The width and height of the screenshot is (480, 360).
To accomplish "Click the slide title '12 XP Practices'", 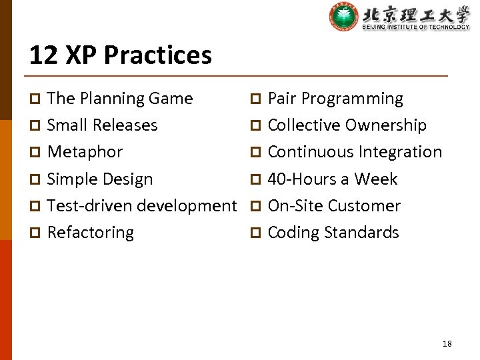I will coord(120,55).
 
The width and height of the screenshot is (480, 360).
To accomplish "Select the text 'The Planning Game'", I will coord(120,99).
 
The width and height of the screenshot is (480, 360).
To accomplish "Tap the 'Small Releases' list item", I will coord(102,125).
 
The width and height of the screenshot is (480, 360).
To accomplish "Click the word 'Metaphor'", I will coord(85,152).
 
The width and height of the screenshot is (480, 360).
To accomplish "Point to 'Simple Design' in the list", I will coord(100,179).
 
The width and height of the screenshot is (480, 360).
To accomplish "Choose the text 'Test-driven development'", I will coord(142,206).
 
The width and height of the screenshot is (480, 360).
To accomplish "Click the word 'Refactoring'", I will coord(91,233).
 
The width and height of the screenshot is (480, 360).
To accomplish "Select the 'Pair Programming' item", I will coord(335,99).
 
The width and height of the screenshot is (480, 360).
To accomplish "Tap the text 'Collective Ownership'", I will coord(347,125).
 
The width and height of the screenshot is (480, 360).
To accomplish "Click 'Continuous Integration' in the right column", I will coord(355,152).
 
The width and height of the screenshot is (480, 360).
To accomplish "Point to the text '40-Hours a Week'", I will coord(332,179).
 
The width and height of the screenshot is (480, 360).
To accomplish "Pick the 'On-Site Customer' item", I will coord(334,206).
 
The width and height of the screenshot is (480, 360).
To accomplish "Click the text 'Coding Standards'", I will coord(333,233).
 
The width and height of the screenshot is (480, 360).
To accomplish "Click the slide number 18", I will coord(447,343).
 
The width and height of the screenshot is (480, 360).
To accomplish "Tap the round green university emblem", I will coord(343,17).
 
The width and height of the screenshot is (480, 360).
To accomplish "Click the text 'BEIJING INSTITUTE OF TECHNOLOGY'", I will coord(416,27).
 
